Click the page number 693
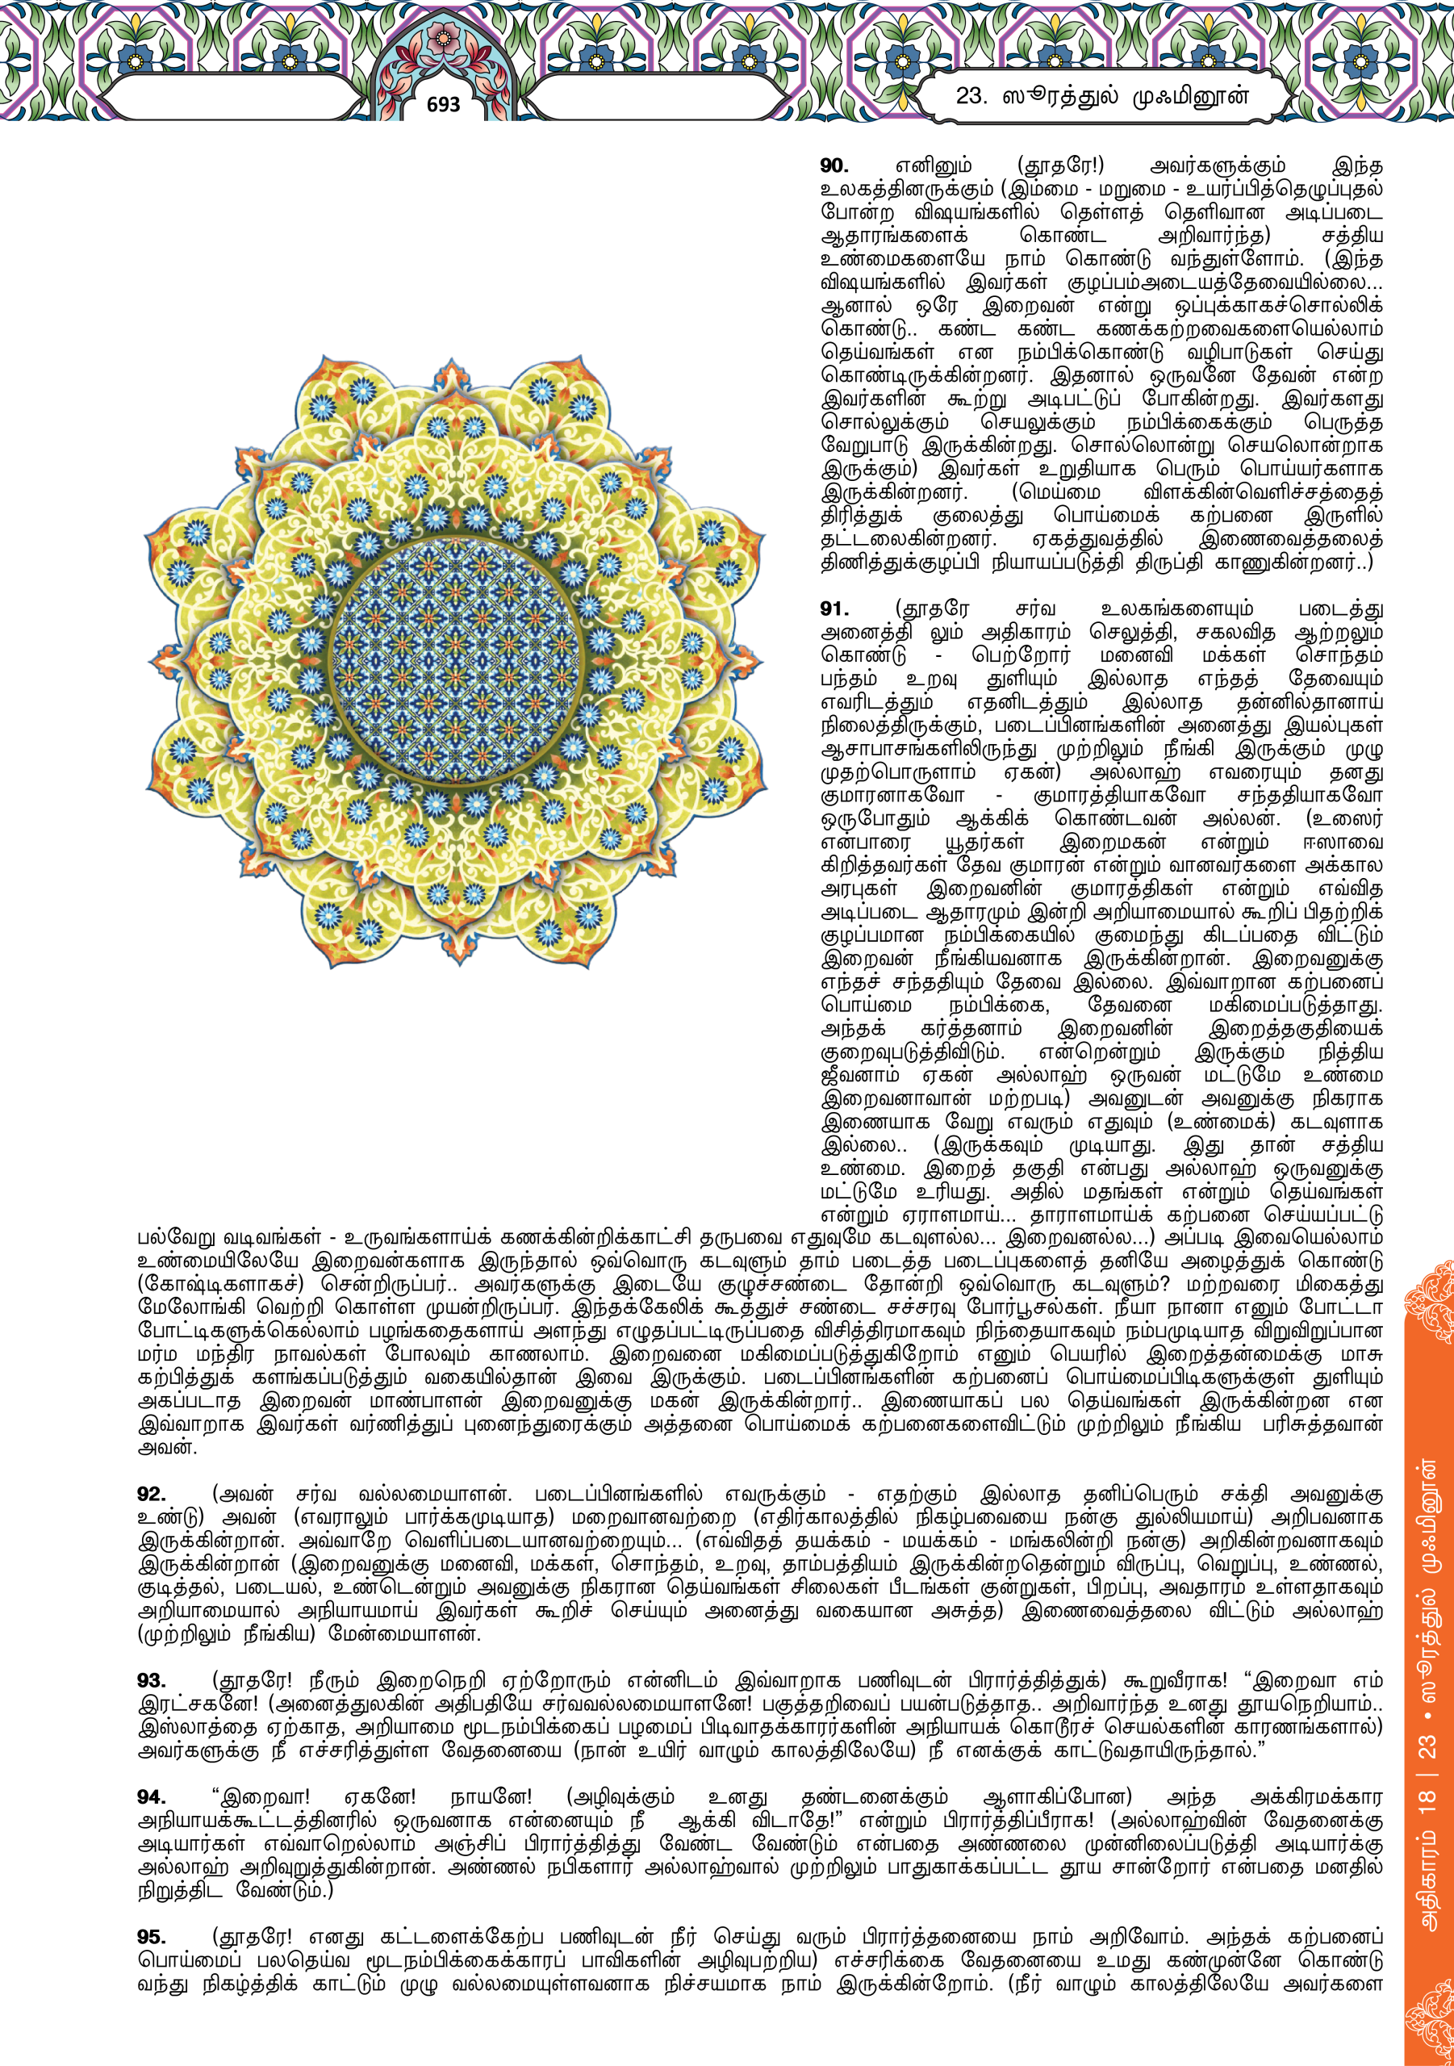443,104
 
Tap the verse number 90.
834,165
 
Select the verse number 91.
834,609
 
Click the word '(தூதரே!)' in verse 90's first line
1060,165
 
